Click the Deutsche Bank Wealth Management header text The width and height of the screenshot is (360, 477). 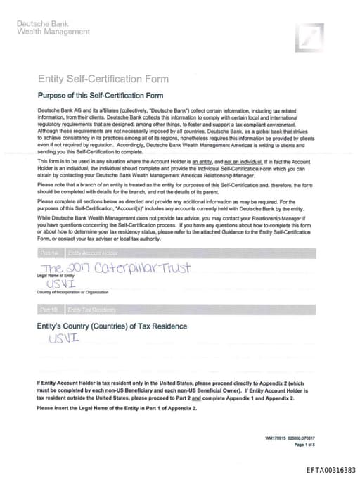pyautogui.click(x=53, y=27)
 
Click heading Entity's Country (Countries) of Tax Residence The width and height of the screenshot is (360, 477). pyautogui.click(x=111, y=326)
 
